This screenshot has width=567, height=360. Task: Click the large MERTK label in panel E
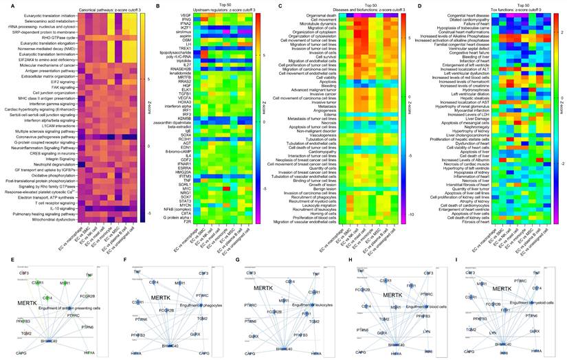click(x=27, y=282)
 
